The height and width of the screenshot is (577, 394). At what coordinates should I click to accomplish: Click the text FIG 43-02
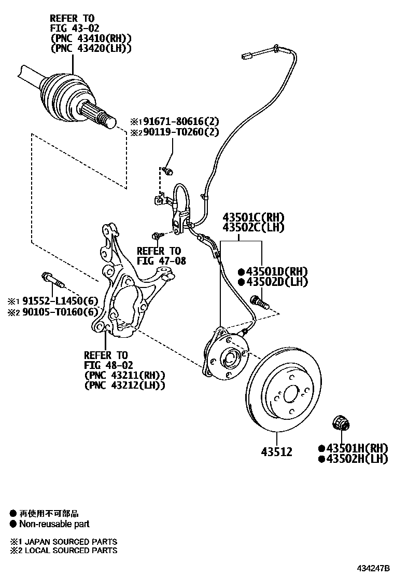click(x=75, y=28)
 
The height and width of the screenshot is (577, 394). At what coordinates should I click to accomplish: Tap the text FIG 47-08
click(x=161, y=261)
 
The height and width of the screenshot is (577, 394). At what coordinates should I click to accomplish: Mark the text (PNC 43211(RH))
click(x=124, y=375)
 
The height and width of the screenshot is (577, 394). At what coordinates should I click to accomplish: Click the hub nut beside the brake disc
click(x=341, y=424)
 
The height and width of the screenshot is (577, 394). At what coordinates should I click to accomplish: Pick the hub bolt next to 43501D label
click(x=258, y=301)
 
